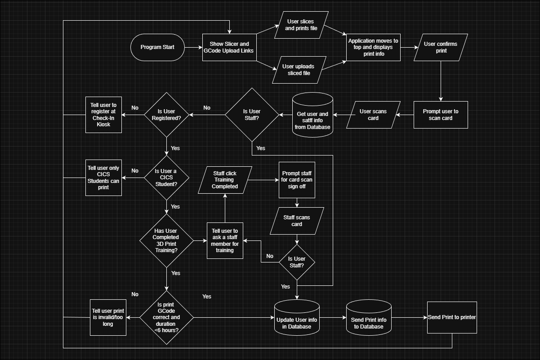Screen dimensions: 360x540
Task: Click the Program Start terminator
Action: pos(157,47)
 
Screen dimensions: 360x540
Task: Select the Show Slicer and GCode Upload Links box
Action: pos(229,47)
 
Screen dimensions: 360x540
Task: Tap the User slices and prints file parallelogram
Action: pos(301,25)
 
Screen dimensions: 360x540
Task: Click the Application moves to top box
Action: pos(373,47)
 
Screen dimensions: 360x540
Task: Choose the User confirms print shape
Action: pos(441,47)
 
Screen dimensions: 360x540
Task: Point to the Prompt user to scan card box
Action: pos(441,115)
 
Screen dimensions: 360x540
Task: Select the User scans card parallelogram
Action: pos(373,115)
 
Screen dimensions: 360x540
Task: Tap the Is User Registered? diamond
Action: pos(166,115)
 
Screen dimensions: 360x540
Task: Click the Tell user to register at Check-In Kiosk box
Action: pos(104,115)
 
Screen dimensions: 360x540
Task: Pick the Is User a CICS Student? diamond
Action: pos(166,178)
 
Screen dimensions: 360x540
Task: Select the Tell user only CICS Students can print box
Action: pos(104,178)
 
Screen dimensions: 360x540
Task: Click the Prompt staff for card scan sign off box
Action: pos(297,180)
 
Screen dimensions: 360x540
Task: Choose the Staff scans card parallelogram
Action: pos(297,221)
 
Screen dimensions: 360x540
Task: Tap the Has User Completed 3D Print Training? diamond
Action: pos(166,240)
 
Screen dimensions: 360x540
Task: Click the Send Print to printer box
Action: pos(452,317)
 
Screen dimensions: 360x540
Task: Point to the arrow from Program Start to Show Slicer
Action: pos(193,47)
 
